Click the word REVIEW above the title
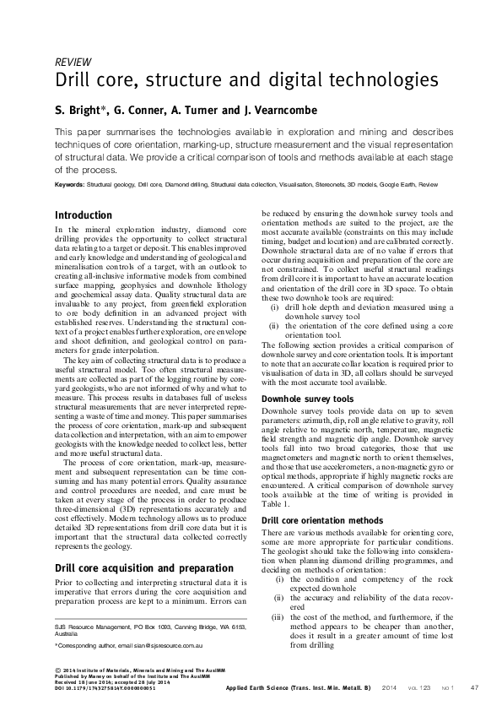pyautogui.click(x=73, y=62)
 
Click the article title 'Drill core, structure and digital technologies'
pyautogui.click(x=246, y=82)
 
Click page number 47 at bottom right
pyautogui.click(x=474, y=688)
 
